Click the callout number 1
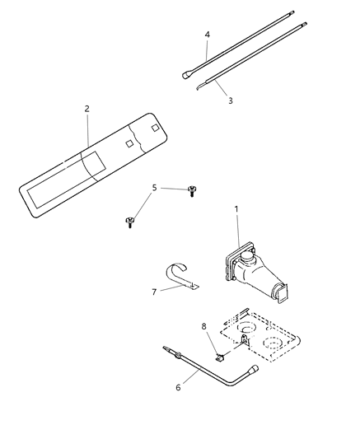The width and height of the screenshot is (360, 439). (x=236, y=209)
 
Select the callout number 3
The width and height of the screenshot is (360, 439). (x=230, y=100)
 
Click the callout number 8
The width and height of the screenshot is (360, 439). (x=205, y=327)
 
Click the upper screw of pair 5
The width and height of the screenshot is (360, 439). (x=192, y=190)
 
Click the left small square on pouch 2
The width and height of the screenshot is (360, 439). (x=129, y=142)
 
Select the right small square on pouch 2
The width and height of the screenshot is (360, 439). (x=155, y=128)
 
